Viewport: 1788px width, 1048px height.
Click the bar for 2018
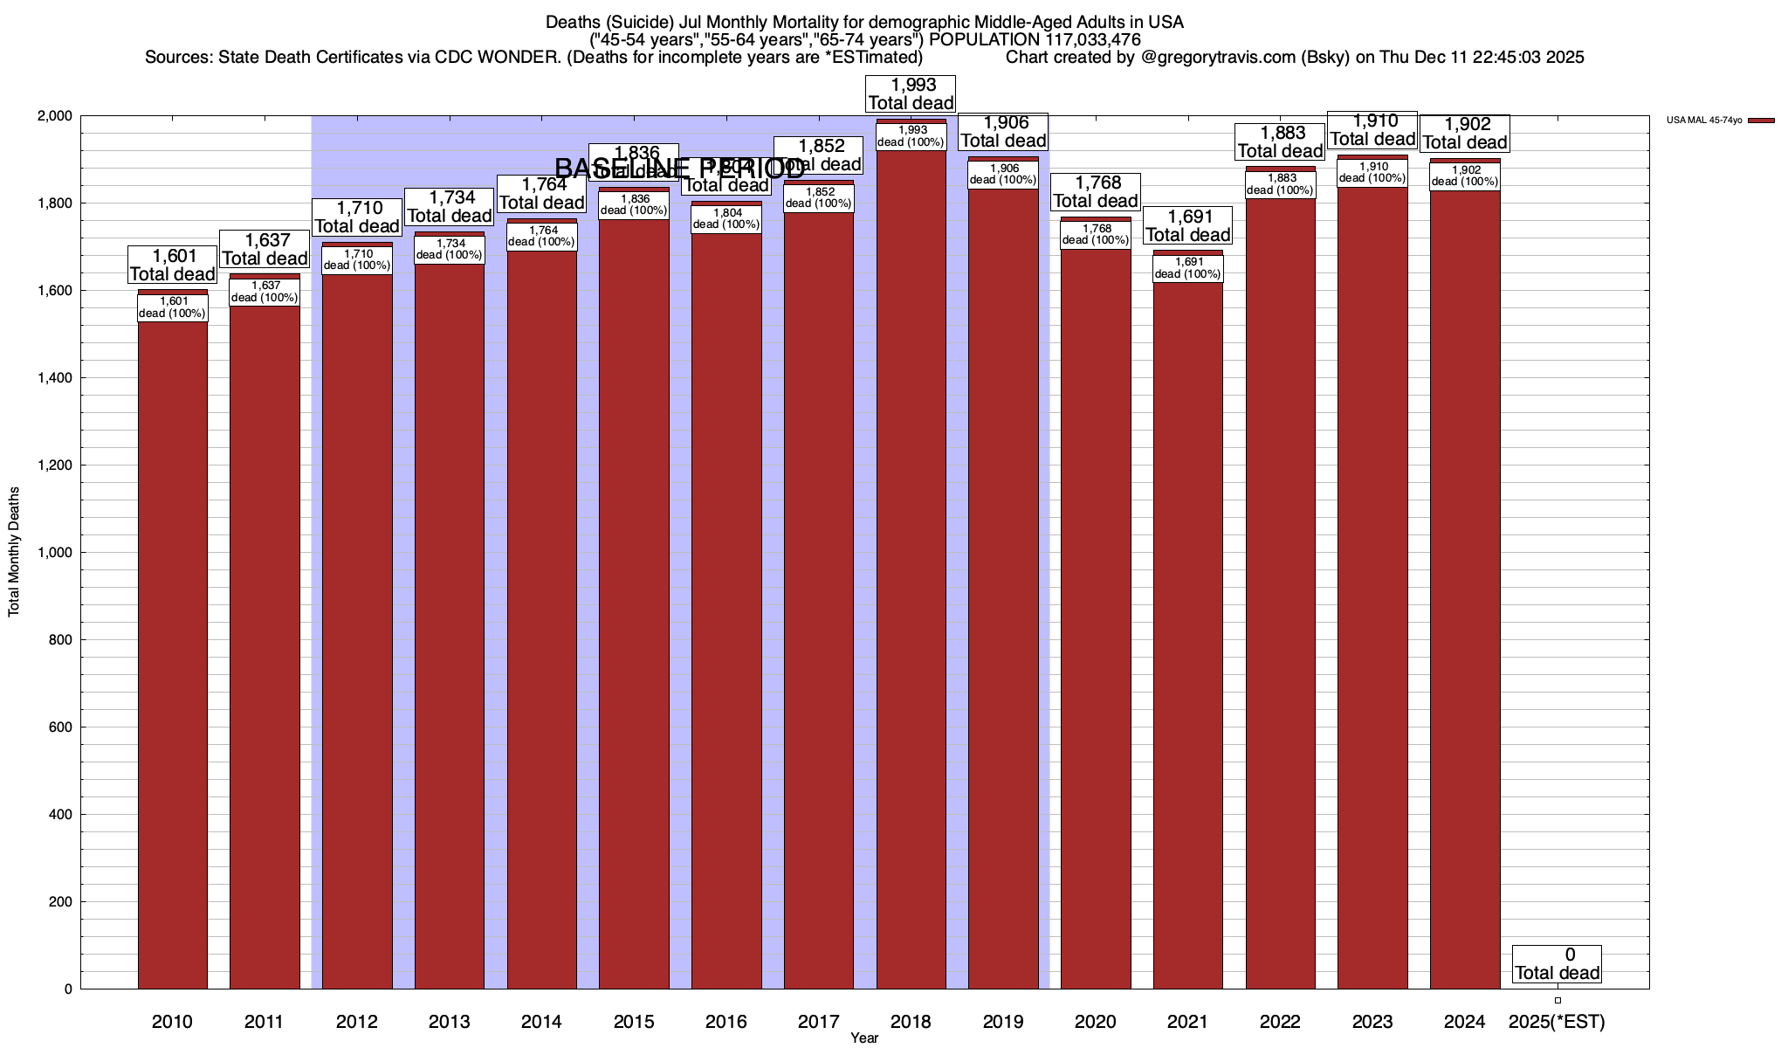click(x=911, y=568)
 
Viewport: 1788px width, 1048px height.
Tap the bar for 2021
click(x=1187, y=629)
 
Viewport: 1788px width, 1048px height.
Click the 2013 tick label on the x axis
click(x=449, y=1022)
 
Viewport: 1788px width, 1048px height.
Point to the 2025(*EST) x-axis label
click(x=1557, y=1022)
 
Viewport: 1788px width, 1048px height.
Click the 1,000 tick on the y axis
click(x=54, y=553)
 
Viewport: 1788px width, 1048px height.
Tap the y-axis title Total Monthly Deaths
click(x=14, y=552)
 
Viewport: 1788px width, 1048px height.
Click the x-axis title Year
click(x=864, y=1038)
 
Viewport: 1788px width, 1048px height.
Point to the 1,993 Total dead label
click(x=911, y=94)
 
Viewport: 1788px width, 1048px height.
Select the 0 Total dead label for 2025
click(x=1557, y=964)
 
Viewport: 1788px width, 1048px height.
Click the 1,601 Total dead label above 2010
click(x=172, y=265)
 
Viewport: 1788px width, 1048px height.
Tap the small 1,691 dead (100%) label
click(x=1187, y=268)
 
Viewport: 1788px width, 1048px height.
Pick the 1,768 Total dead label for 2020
click(x=1095, y=192)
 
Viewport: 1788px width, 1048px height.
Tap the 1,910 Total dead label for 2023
click(x=1372, y=130)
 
